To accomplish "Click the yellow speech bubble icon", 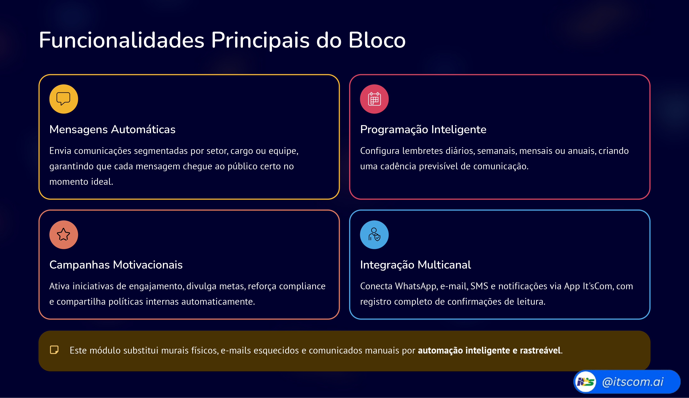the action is [x=64, y=99].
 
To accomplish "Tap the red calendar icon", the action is [x=374, y=99].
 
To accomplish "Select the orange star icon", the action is [x=64, y=235].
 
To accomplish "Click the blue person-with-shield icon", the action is [x=374, y=235].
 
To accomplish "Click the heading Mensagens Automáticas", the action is [x=112, y=129].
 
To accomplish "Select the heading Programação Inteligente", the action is [x=423, y=129].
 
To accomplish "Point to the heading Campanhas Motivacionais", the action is [x=116, y=265].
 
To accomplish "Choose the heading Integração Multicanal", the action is [x=416, y=265].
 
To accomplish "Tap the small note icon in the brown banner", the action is [x=54, y=350].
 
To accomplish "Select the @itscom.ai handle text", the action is [x=632, y=382].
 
